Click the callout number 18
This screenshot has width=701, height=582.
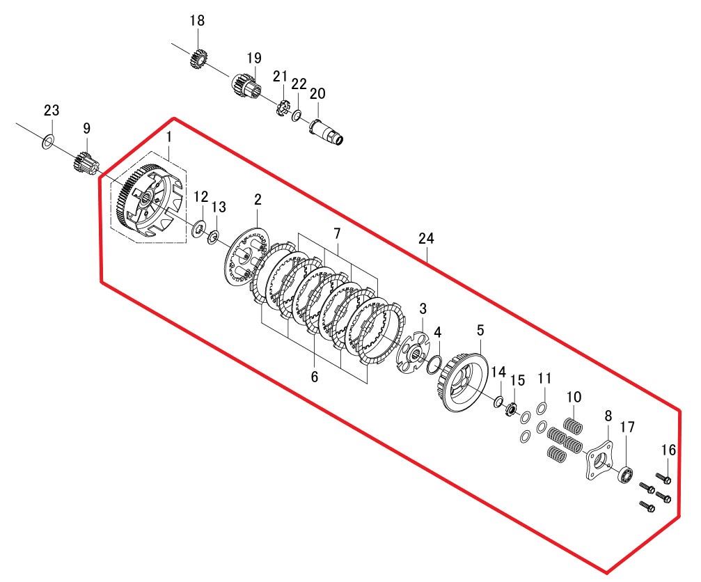point(197,21)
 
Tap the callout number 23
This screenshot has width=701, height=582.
point(52,111)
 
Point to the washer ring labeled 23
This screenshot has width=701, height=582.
point(48,143)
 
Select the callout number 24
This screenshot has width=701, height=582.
point(426,238)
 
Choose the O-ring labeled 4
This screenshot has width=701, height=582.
point(434,365)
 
